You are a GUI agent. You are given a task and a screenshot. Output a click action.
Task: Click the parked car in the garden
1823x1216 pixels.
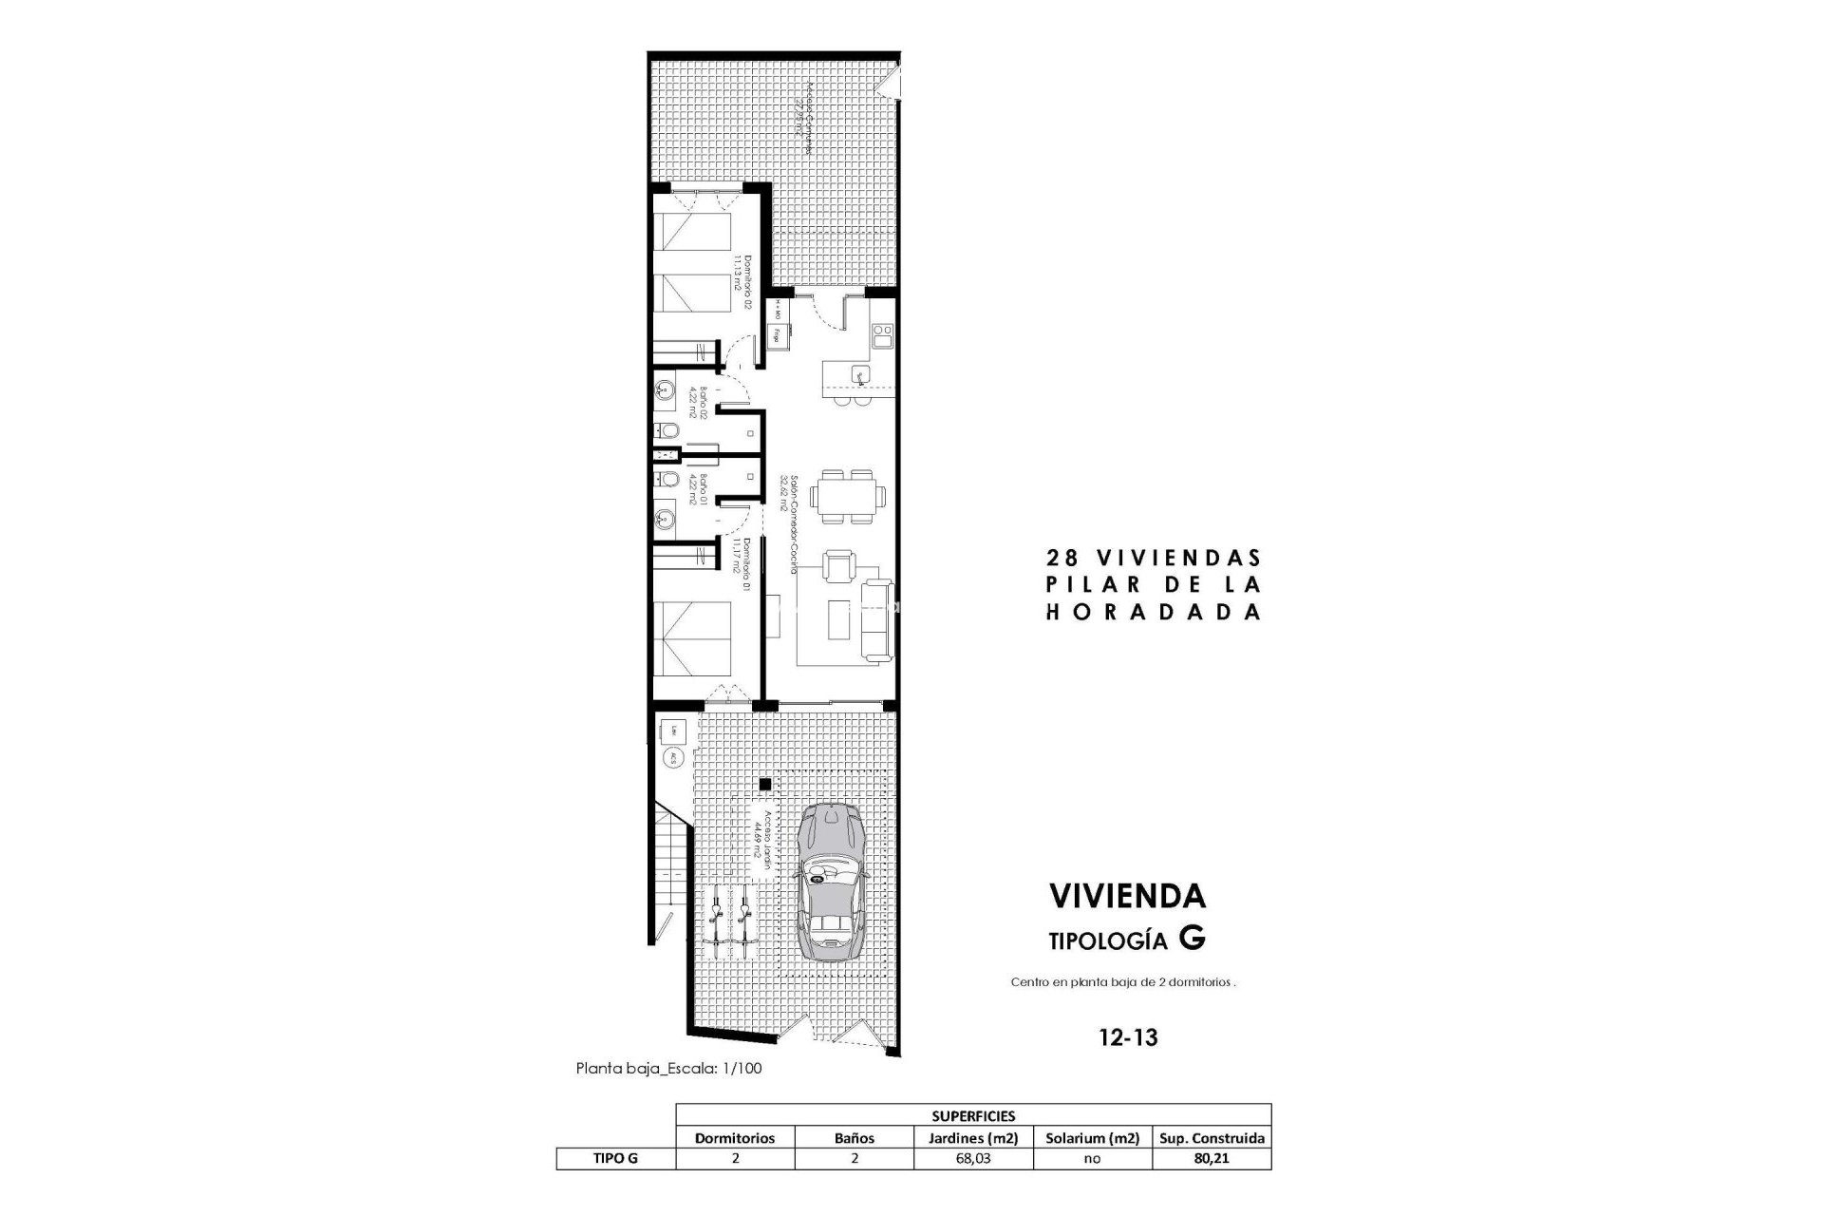[830, 883]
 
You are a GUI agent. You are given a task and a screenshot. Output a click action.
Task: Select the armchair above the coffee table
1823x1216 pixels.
[838, 568]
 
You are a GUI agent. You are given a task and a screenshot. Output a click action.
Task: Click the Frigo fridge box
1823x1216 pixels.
[779, 333]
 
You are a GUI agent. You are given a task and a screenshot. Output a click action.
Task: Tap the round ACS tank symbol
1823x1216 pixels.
[672, 758]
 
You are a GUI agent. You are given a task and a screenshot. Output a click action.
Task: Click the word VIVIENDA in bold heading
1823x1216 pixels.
[1127, 895]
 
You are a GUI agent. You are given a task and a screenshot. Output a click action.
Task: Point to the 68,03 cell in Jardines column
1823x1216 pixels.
[973, 1158]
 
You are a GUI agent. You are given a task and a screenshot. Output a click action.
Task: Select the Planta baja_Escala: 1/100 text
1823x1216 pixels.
[668, 1068]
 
